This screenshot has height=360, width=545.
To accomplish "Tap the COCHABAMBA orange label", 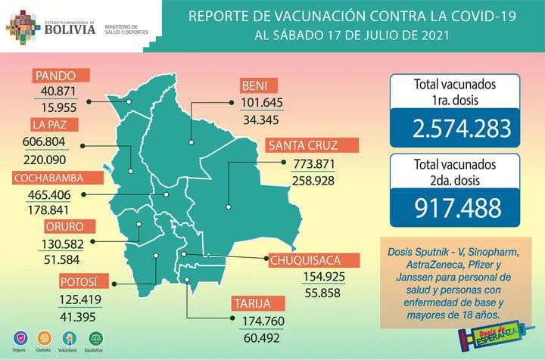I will click(x=53, y=178).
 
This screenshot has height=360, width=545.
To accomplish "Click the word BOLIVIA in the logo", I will click(x=70, y=32).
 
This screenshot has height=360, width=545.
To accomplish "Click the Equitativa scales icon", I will click(x=95, y=335).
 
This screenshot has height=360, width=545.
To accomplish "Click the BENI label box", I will click(x=258, y=83).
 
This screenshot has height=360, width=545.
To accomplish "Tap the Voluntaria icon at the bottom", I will click(x=70, y=335).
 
